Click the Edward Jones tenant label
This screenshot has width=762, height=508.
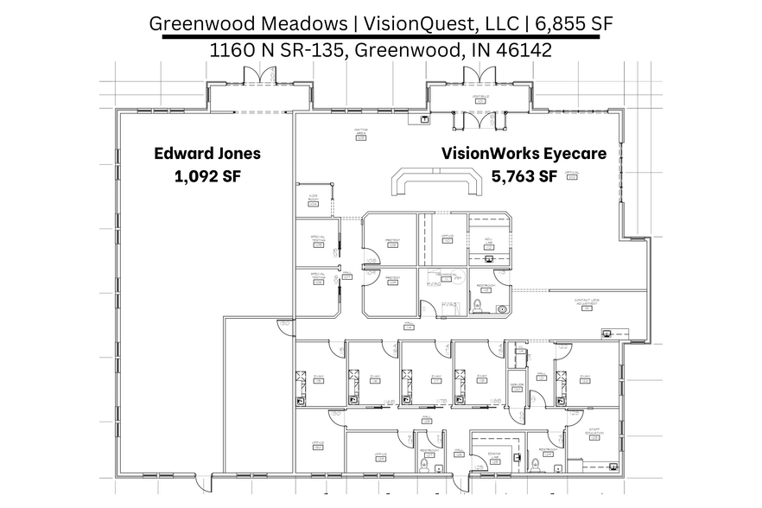[x=207, y=154]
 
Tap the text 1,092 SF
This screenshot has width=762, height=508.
[x=207, y=177]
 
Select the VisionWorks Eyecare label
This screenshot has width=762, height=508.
[x=524, y=154]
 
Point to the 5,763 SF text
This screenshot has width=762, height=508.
[x=524, y=177]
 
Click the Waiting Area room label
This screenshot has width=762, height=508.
[x=360, y=131]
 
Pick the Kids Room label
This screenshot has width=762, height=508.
[x=313, y=198]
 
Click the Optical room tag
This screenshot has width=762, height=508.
[x=571, y=174]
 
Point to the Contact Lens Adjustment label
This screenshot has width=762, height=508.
[x=587, y=303]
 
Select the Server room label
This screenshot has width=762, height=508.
[x=516, y=386]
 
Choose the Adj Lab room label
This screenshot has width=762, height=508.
[x=488, y=241]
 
